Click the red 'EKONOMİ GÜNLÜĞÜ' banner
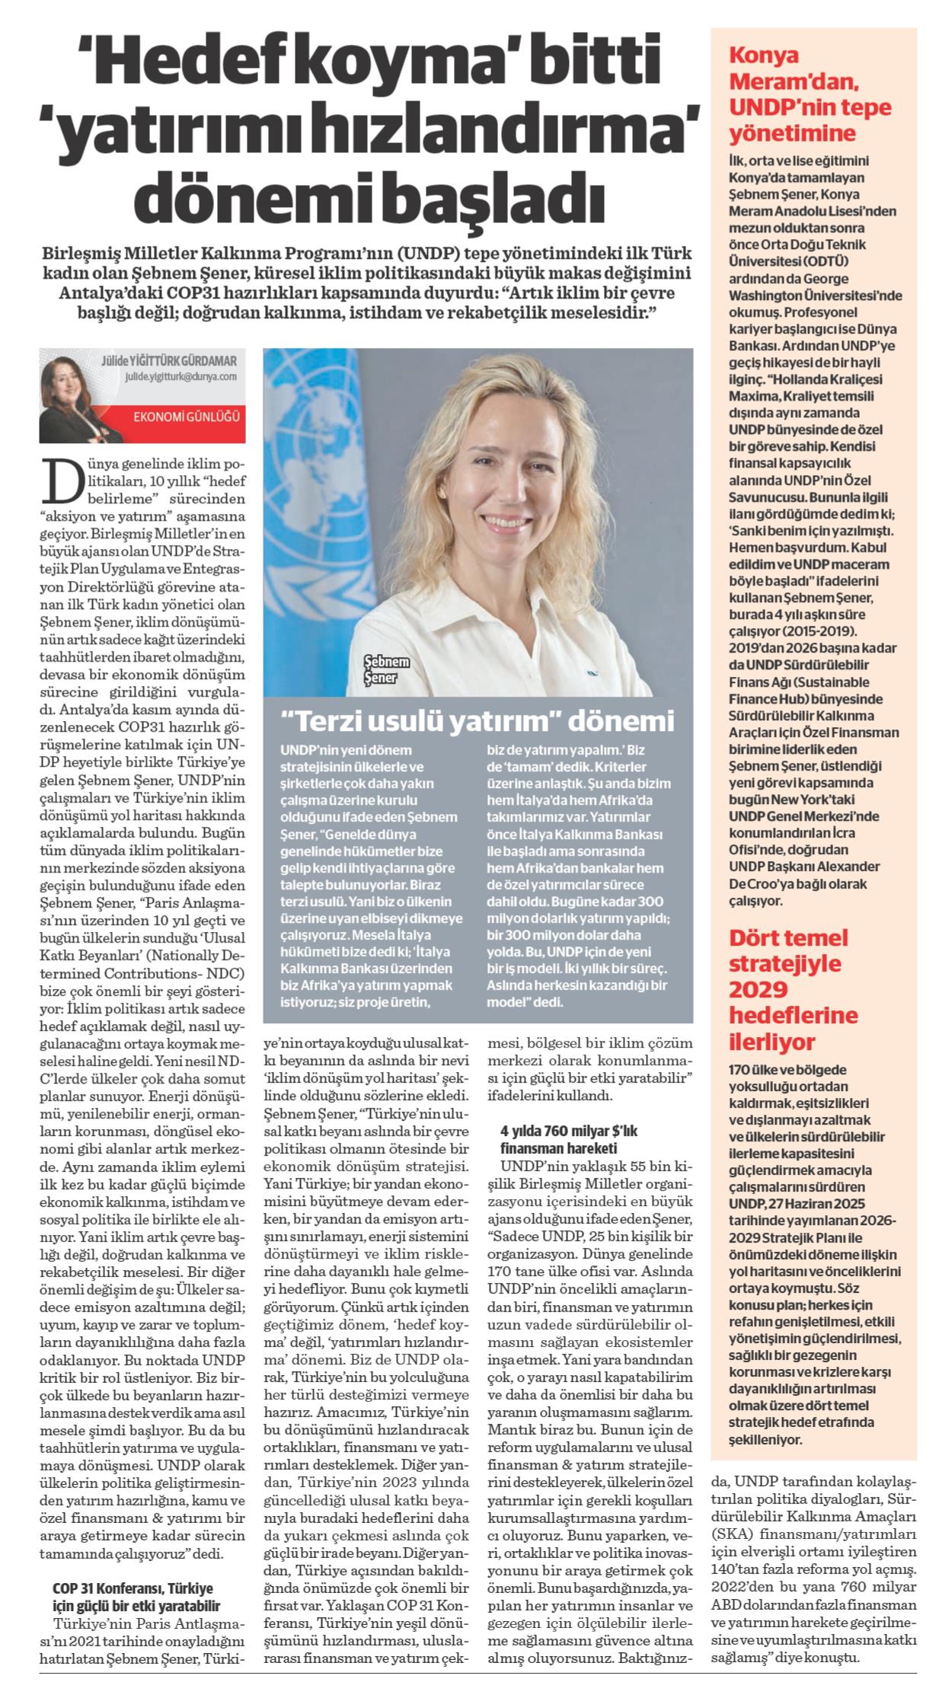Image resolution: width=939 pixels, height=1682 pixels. coord(186,417)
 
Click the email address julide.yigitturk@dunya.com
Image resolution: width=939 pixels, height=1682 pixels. coord(171,376)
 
